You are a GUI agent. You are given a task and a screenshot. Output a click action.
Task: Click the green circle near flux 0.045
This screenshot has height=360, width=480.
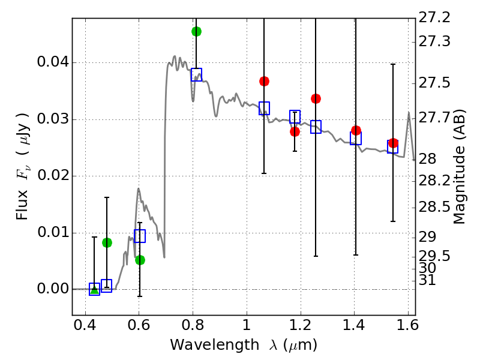tap(196, 31)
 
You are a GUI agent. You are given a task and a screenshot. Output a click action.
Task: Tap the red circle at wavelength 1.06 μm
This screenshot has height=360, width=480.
tap(264, 81)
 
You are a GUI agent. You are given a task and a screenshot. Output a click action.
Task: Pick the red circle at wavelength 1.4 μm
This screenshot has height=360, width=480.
tap(356, 130)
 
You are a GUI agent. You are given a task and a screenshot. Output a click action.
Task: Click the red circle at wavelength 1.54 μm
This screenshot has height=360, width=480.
tap(393, 143)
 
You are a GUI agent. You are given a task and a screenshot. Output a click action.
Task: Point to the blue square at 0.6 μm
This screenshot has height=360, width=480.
tap(140, 236)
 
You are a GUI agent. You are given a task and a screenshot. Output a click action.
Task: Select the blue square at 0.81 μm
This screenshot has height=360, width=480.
tap(196, 75)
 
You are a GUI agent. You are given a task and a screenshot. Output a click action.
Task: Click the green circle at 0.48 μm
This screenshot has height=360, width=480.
tap(107, 242)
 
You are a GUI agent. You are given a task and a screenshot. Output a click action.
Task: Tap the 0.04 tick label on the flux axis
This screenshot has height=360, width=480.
tap(52, 63)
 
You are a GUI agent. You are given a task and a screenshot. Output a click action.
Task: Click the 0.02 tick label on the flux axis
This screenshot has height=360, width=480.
tap(52, 176)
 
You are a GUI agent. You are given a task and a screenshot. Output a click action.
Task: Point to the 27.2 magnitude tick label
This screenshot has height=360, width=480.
tap(434, 18)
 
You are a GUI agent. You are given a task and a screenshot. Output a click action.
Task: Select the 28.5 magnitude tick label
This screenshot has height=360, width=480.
tap(434, 208)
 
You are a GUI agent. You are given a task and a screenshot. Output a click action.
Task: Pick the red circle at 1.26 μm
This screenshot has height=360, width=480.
tap(316, 98)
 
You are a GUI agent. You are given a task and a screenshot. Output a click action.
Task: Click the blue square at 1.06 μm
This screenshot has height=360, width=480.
tap(264, 109)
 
